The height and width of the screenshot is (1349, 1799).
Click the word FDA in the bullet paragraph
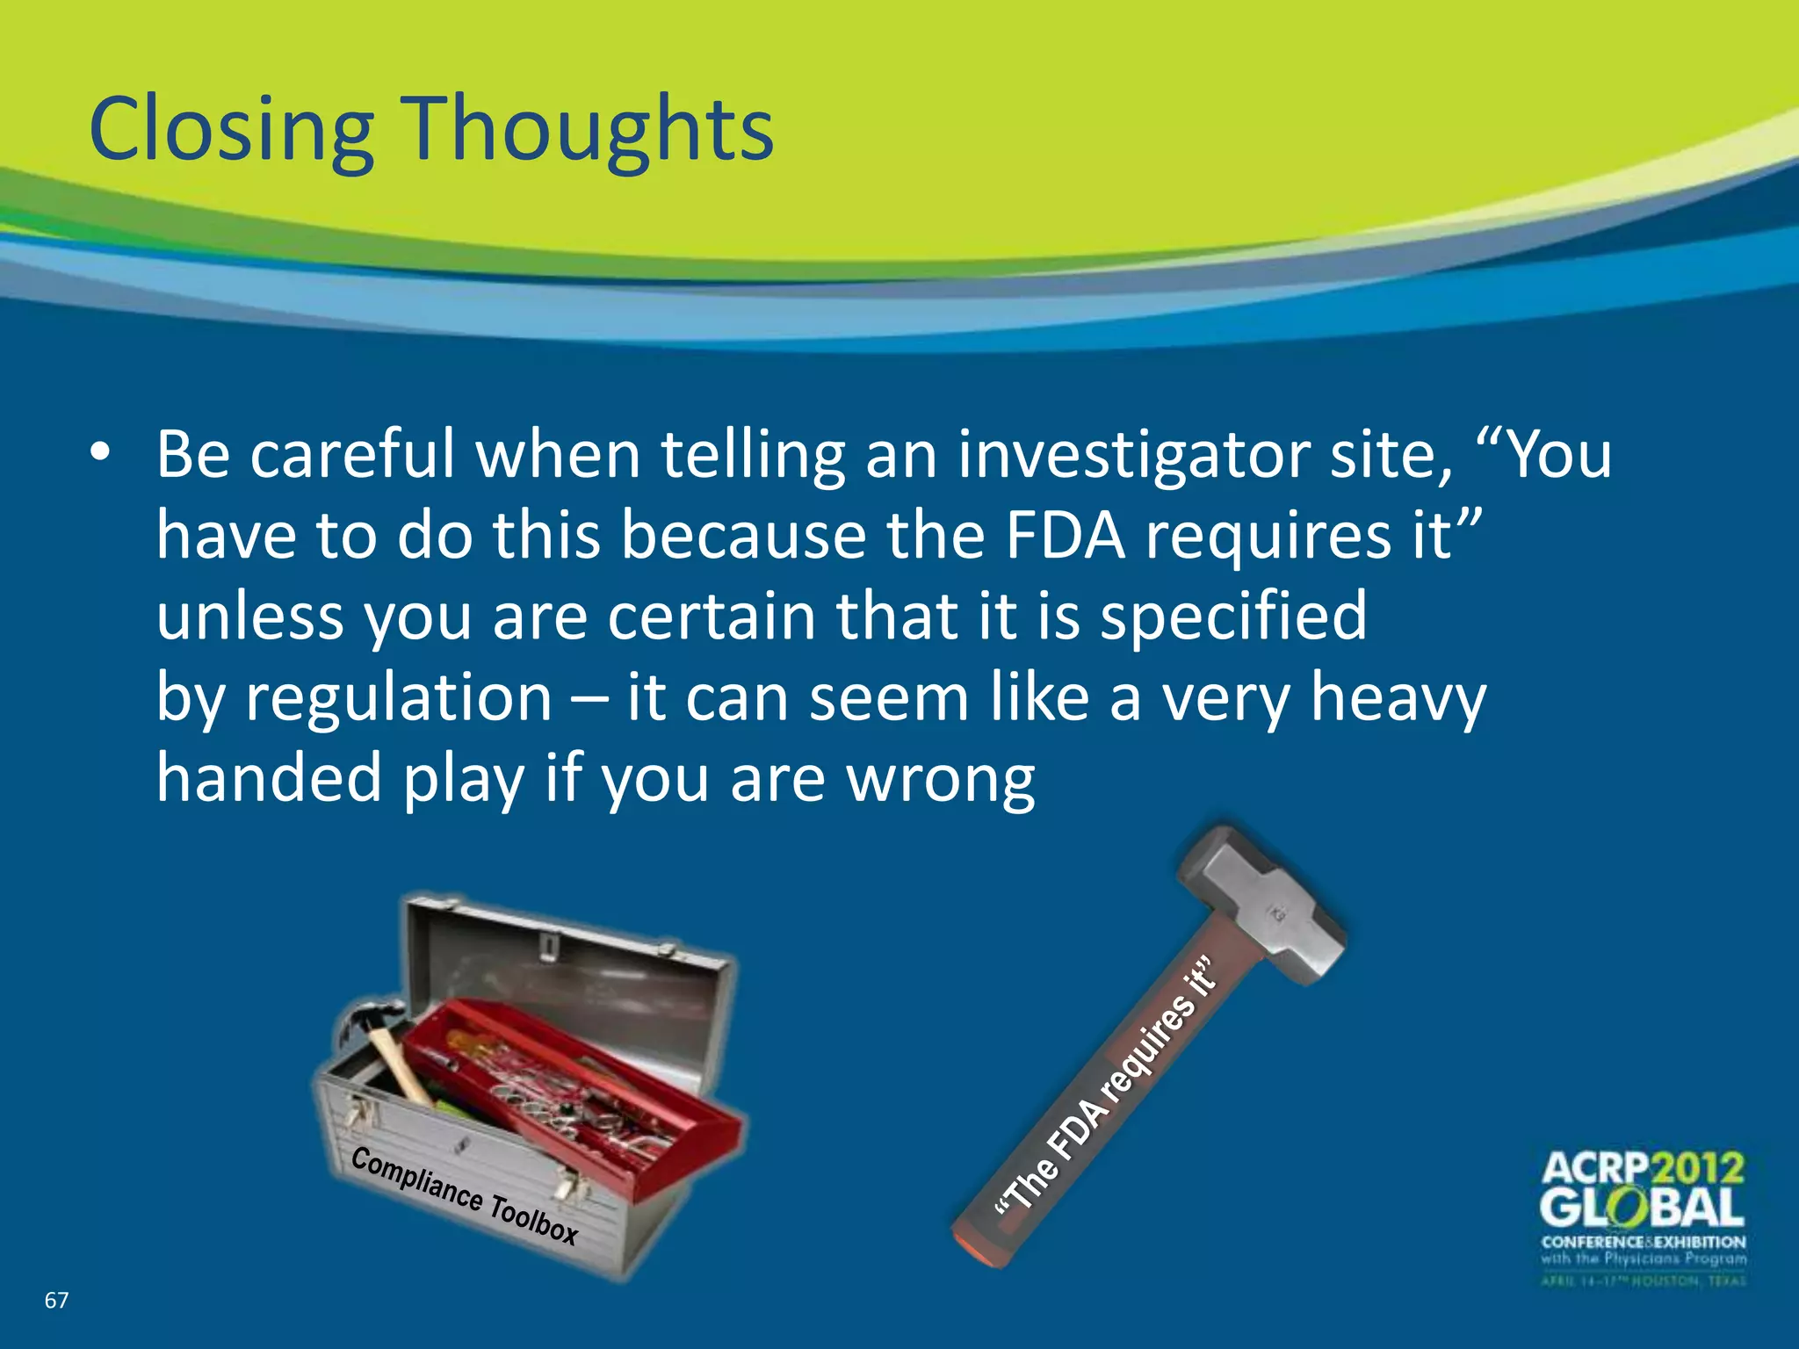1065,536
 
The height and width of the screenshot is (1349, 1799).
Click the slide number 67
56,1300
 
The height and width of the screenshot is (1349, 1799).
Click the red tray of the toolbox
580,1098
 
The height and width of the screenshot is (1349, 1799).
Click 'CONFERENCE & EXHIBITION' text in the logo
1643,1242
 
